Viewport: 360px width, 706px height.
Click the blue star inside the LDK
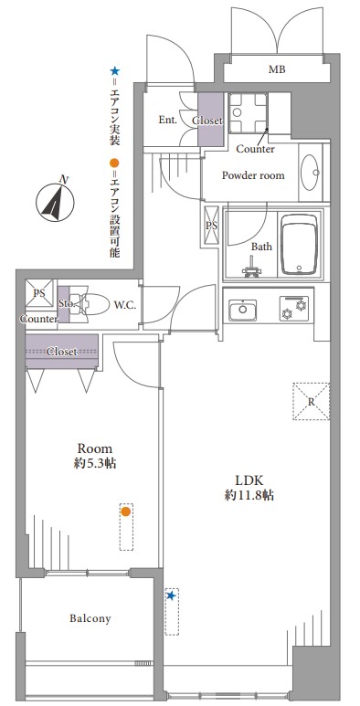click(171, 596)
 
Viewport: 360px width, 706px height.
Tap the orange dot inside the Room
click(126, 511)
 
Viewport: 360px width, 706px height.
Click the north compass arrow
click(55, 203)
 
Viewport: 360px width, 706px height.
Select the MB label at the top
click(277, 69)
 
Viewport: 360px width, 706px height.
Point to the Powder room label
click(253, 175)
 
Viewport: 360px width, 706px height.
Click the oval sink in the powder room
click(310, 173)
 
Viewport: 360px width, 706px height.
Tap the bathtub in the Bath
click(299, 245)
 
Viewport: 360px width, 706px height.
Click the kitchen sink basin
click(242, 311)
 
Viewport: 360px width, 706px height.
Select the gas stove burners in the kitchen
click(294, 308)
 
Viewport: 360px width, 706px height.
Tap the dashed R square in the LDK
click(311, 401)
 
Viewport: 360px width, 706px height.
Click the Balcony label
click(90, 618)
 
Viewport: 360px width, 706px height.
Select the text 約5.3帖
click(95, 463)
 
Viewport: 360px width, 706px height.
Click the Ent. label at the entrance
click(167, 120)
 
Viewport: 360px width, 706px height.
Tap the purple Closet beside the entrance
click(210, 120)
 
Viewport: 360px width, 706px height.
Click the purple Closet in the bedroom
click(62, 352)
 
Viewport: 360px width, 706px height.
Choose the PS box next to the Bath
click(211, 226)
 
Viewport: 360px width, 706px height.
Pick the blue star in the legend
click(115, 71)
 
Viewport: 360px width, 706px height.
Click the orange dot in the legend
click(115, 162)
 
